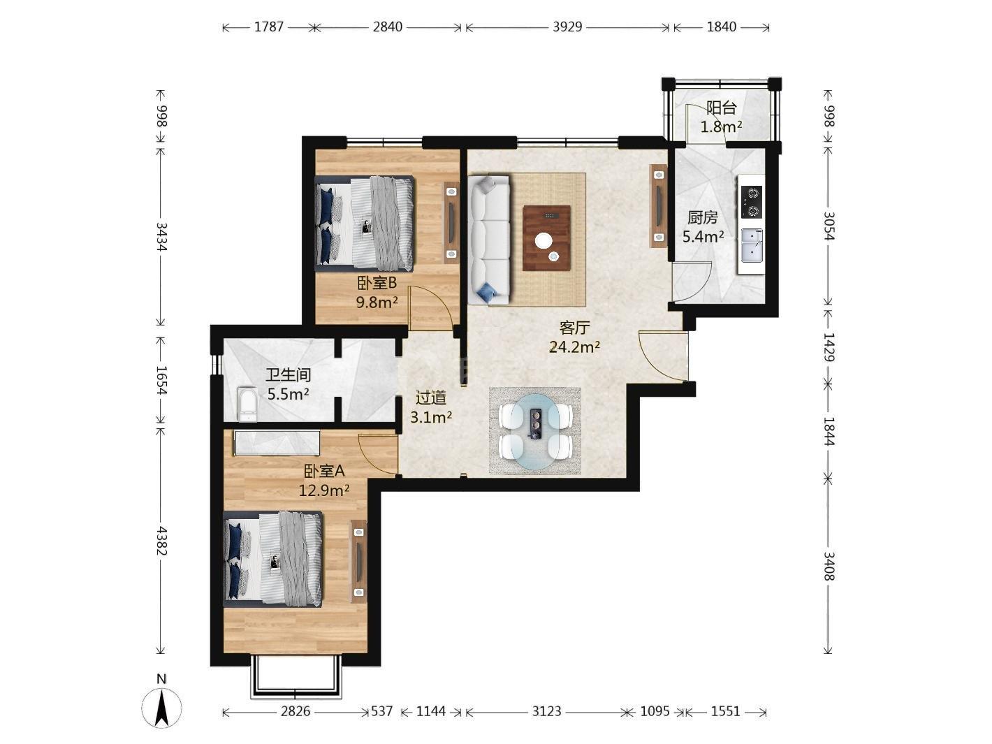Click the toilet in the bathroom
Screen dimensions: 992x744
[247, 404]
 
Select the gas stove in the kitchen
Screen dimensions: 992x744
[752, 202]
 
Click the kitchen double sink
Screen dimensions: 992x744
[752, 246]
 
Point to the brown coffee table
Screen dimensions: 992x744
[546, 238]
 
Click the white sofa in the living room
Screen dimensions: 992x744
[488, 240]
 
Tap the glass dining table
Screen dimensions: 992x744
[537, 431]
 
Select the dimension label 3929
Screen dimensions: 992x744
[567, 27]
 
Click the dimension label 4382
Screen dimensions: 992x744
[161, 541]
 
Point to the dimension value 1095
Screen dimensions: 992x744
[655, 711]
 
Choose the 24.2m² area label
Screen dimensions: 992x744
[574, 347]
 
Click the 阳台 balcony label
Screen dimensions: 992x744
[721, 108]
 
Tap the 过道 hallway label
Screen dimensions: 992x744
[431, 398]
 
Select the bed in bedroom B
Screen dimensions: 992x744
[364, 224]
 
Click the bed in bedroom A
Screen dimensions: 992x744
[273, 559]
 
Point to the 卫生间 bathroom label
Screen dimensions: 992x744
[289, 374]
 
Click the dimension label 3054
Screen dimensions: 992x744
[829, 226]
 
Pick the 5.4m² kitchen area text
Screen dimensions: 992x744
[703, 236]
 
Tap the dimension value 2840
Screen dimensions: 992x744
[387, 27]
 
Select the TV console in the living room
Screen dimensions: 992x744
[659, 206]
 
